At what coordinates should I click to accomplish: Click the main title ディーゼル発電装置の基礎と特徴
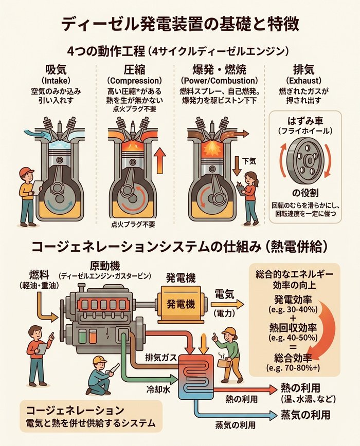179,23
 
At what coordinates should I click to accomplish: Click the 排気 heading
305,70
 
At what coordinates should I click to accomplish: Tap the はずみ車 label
305,121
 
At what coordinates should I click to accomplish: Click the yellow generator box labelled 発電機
181,304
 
